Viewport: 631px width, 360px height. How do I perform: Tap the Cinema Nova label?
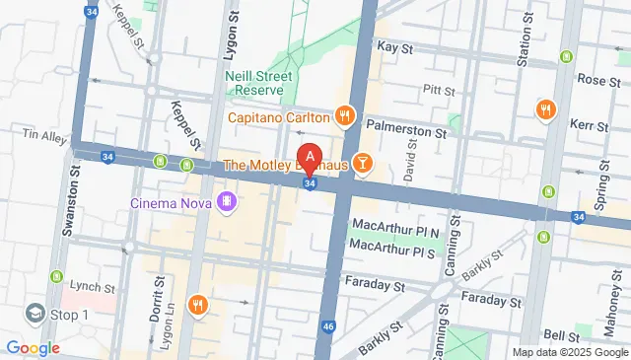click(173, 203)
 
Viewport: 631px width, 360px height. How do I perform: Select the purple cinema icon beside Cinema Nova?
click(228, 203)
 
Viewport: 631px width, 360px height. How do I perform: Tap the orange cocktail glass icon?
click(363, 163)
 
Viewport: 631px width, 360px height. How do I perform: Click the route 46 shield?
click(328, 351)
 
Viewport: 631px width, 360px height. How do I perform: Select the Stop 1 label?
click(69, 315)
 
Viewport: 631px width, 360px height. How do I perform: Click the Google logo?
click(33, 347)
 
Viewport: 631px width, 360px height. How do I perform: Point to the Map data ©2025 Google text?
click(570, 352)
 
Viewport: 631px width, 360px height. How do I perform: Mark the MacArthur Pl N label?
click(392, 230)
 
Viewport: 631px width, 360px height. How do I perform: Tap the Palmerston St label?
click(404, 126)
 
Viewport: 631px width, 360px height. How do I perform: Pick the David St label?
click(409, 158)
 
